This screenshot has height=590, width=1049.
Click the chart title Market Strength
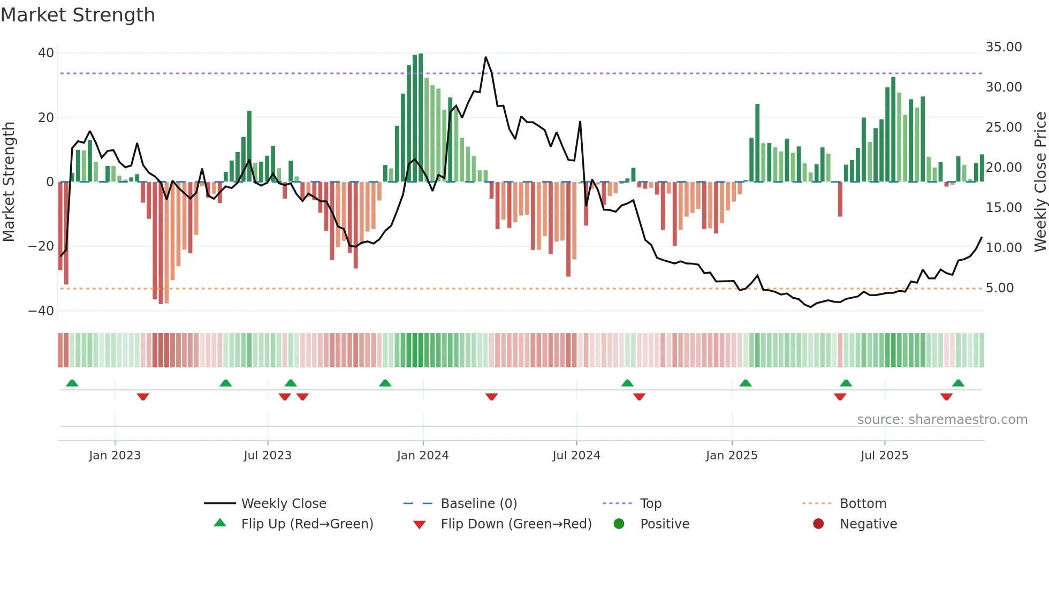pos(78,15)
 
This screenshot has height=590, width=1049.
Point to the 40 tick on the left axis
pos(46,53)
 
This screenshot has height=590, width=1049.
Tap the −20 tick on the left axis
pos(41,246)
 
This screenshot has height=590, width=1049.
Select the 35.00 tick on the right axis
pos(1004,47)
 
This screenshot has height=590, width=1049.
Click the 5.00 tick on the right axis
pos(1000,288)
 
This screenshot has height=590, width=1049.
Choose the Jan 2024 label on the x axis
pos(423,456)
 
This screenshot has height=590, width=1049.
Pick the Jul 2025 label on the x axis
pos(884,456)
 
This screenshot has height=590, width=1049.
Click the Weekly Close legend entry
pos(283,504)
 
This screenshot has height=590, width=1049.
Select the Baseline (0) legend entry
pos(478,504)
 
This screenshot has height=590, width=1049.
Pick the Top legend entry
pos(650,504)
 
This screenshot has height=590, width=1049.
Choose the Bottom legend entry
pos(863,504)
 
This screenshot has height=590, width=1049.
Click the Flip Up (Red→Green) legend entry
pos(307,524)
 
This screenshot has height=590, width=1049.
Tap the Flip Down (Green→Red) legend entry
pos(516,524)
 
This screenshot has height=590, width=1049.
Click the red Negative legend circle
pos(818,524)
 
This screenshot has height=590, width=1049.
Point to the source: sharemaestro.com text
pos(942,420)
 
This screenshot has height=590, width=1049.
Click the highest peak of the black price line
pos(486,57)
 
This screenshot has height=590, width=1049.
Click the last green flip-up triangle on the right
pos(958,383)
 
